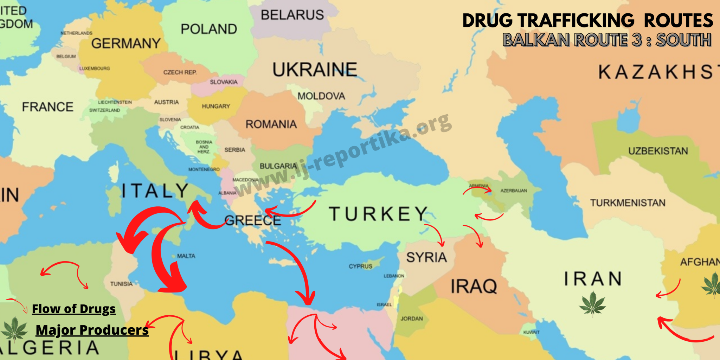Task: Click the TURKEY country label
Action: coord(378,214)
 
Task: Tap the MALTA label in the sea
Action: coord(186,256)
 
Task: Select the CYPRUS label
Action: coord(360,266)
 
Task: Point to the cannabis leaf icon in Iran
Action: coord(593,303)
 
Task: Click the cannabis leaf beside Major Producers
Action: coord(14,329)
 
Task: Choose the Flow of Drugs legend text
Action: coord(73,309)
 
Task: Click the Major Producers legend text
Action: coord(92,330)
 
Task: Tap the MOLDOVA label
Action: coord(321,96)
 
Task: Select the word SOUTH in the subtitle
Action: coord(683,40)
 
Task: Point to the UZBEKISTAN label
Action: coord(658,151)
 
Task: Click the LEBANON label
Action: coord(394,276)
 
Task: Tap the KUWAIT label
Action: coord(531,332)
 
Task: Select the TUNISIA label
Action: coord(121,284)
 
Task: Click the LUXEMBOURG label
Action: coord(95,69)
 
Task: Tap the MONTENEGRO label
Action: coord(204,169)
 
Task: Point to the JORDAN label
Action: coord(412,319)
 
